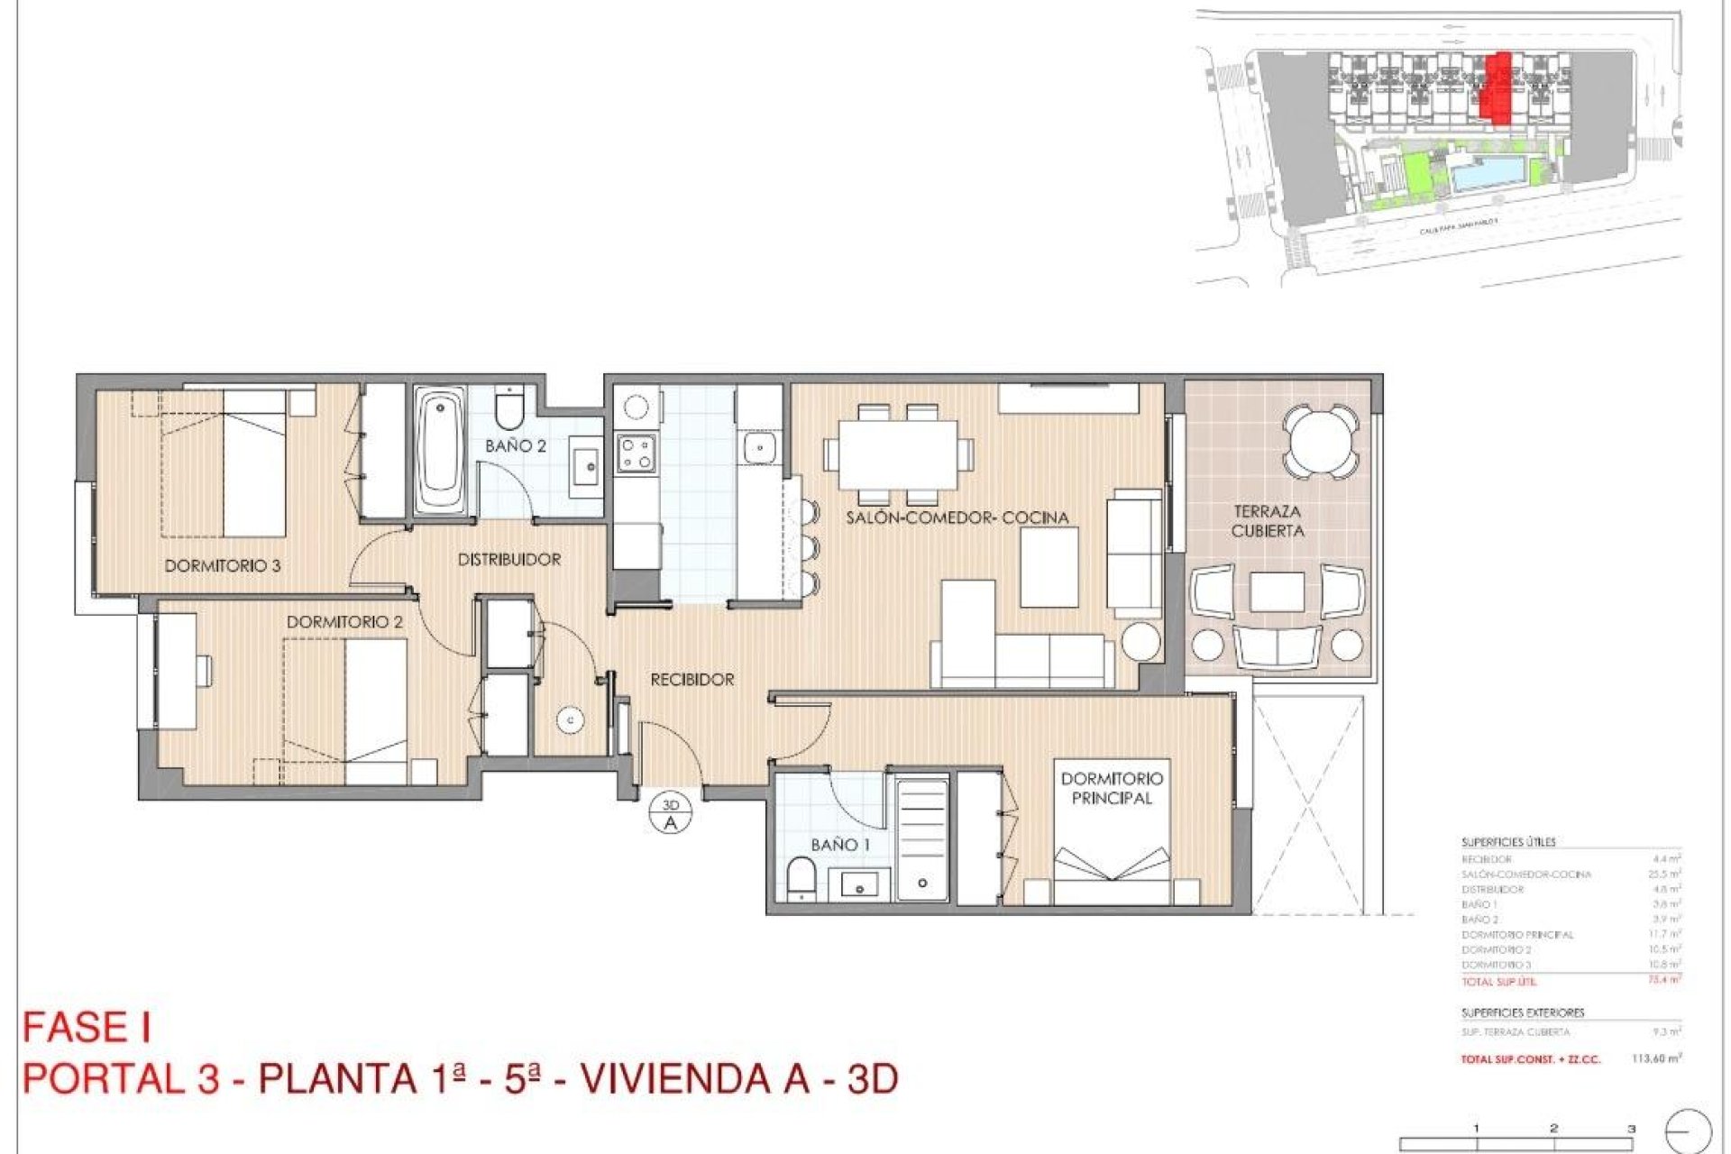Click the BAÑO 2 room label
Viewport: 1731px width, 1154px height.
tap(515, 445)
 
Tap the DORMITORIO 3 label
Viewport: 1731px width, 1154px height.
tap(222, 565)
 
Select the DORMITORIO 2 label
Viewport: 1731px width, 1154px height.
tap(344, 622)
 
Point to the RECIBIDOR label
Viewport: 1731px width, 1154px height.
tap(691, 679)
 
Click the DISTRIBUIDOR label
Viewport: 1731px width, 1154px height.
tap(508, 559)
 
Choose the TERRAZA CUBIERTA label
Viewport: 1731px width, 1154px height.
tap(1267, 521)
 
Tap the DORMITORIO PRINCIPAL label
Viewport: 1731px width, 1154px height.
tap(1111, 787)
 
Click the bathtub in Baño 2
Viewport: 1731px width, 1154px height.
tap(440, 452)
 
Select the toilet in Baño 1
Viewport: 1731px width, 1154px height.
tap(801, 878)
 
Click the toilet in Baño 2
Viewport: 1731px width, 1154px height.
tap(509, 409)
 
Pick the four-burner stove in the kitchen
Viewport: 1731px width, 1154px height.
tap(635, 453)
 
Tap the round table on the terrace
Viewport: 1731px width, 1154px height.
tap(1320, 442)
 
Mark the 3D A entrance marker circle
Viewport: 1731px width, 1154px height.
tap(670, 814)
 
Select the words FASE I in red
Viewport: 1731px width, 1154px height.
tap(87, 1028)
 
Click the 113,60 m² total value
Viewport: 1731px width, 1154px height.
tap(1656, 1058)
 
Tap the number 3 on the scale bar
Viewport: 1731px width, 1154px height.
tap(1631, 1128)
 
